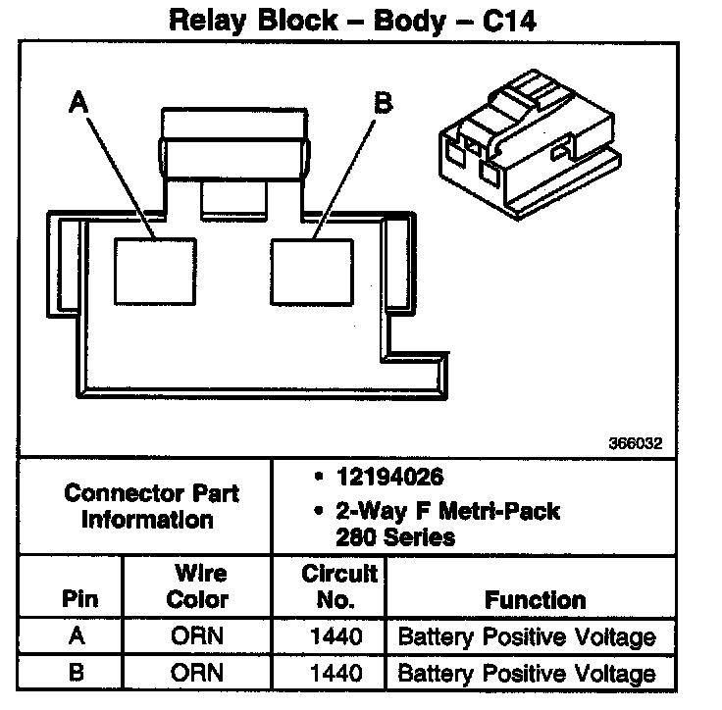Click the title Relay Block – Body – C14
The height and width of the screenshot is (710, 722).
click(353, 21)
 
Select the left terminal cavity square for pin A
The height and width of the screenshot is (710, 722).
click(155, 272)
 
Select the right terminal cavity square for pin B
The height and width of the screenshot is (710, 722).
click(312, 272)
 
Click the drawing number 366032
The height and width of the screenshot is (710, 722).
click(635, 443)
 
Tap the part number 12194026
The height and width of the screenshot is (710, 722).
click(389, 479)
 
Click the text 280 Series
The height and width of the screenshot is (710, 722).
click(395, 536)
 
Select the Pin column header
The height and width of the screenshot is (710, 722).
click(79, 599)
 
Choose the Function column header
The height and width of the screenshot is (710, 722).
click(535, 599)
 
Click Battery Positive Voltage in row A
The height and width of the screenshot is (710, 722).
click(527, 637)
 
